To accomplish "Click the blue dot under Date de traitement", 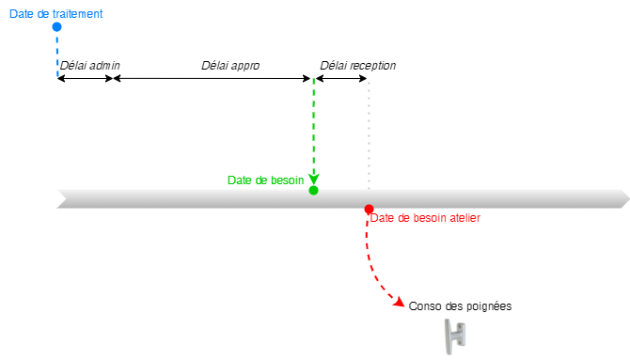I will [56, 26].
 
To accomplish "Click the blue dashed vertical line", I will [57, 56].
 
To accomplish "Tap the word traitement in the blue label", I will [74, 14].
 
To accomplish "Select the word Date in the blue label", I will [21, 14].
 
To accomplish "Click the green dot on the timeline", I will [313, 190].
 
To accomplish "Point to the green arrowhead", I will [313, 179].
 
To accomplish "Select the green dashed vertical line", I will [313, 122].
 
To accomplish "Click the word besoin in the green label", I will [286, 180].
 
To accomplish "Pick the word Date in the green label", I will [240, 180].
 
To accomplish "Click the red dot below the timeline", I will [369, 209].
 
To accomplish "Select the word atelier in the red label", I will [465, 218].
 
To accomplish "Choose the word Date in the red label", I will [383, 218].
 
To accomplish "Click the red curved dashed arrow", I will [373, 273].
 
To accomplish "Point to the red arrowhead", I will [401, 303].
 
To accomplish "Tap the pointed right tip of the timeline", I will [624, 198].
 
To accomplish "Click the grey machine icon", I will [454, 336].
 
